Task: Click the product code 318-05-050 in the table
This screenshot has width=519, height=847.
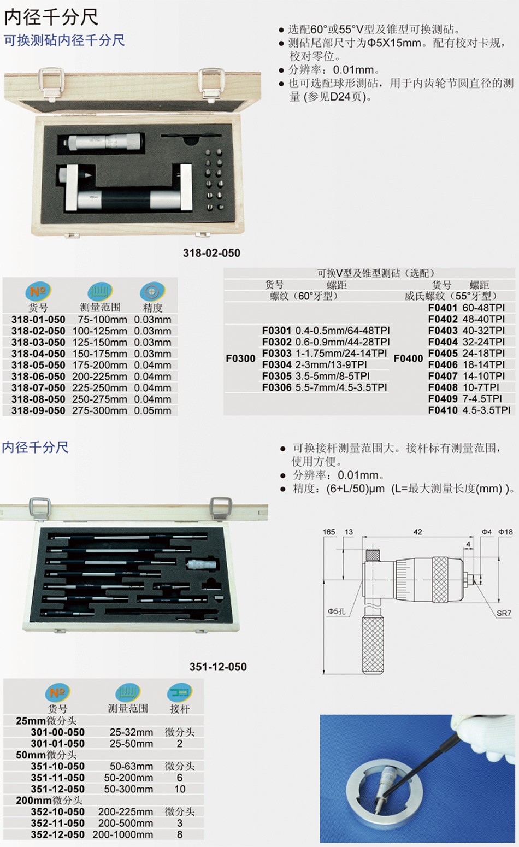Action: [x=38, y=365]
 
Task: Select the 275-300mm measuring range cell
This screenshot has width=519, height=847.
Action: [x=99, y=410]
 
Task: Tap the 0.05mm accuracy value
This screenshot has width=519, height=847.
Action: [x=153, y=410]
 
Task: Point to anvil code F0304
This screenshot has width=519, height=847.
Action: [x=276, y=365]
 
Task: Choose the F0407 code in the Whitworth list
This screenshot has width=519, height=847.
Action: [x=443, y=377]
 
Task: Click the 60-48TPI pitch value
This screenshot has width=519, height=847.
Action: [x=483, y=308]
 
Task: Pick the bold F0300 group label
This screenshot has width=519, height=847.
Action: [x=240, y=359]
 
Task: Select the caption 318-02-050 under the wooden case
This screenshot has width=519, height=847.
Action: [x=211, y=253]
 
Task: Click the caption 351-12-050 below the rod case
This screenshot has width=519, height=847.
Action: [x=218, y=667]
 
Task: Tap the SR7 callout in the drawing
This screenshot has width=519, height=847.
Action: [x=504, y=613]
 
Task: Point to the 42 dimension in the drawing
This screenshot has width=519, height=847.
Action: [x=418, y=532]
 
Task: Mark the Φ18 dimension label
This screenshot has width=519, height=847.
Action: [x=505, y=532]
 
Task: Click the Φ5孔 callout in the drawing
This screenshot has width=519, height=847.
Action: [x=337, y=611]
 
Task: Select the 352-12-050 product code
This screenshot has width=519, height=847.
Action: [x=58, y=834]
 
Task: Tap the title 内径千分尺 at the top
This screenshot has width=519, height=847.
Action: [x=51, y=17]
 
